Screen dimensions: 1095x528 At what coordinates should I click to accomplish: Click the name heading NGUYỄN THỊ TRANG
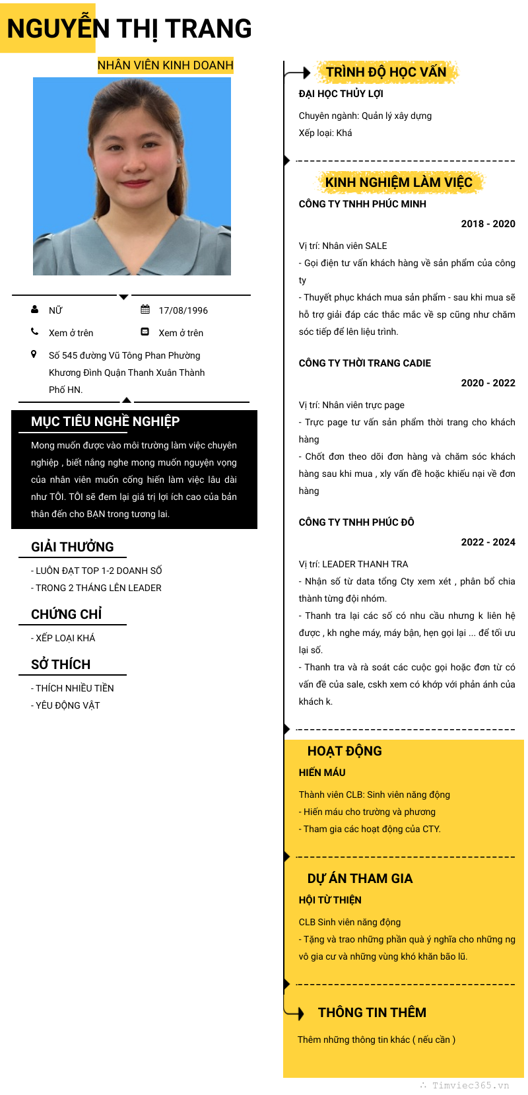(x=129, y=29)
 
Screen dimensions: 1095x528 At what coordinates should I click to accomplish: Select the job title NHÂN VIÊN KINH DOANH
(x=166, y=65)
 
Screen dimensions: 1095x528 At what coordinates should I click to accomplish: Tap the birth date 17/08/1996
(x=183, y=310)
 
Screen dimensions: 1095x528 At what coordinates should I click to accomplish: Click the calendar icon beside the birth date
(x=145, y=310)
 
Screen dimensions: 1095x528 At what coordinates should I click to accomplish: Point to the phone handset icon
(x=34, y=332)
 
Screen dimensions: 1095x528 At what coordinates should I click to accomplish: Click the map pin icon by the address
(x=34, y=355)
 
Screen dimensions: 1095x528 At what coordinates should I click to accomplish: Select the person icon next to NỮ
(x=34, y=309)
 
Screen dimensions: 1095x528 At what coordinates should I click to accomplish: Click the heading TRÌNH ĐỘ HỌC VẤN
(x=386, y=72)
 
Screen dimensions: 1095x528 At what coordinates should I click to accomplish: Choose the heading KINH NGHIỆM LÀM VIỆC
(x=399, y=182)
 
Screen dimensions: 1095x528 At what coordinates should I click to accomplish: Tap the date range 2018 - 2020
(x=488, y=224)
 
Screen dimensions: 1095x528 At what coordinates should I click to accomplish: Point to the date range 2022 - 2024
(x=488, y=542)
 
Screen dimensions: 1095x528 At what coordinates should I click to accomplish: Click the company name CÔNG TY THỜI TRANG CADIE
(x=364, y=363)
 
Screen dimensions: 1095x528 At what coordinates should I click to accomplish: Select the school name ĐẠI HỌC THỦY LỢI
(x=341, y=94)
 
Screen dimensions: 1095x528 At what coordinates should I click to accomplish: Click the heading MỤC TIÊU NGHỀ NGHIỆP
(x=105, y=421)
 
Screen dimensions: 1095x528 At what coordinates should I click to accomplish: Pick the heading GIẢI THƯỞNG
(x=72, y=547)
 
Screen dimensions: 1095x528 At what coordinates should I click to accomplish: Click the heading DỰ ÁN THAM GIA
(x=360, y=878)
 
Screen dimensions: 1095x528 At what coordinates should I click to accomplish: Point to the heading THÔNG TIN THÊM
(x=372, y=1012)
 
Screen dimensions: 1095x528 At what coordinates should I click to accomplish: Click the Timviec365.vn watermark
(x=470, y=1085)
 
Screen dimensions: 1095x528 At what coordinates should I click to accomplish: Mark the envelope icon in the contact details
(x=145, y=332)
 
